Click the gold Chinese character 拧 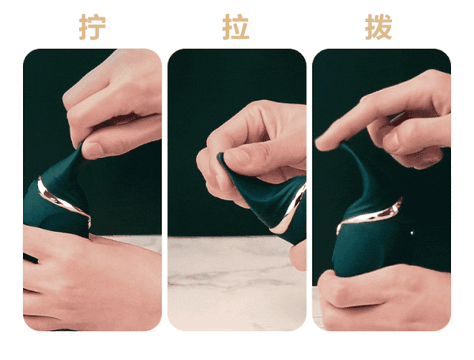click(x=92, y=26)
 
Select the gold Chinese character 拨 click(x=378, y=26)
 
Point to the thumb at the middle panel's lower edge click(x=298, y=254)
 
